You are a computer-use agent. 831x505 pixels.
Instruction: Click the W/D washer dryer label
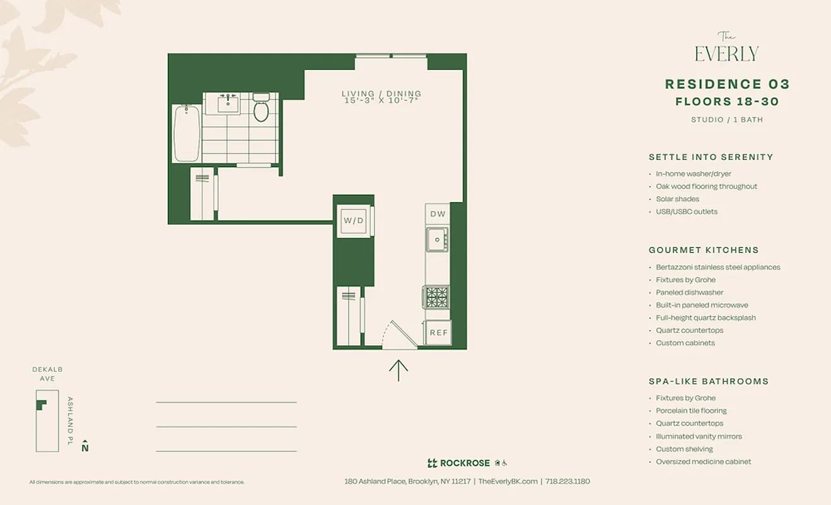click(354, 221)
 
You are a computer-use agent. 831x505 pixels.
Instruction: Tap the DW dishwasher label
click(438, 214)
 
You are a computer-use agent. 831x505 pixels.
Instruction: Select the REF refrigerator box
click(438, 333)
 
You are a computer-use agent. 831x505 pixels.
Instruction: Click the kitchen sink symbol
click(436, 239)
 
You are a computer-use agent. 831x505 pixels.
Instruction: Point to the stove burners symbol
click(436, 297)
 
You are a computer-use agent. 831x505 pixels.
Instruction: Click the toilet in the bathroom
click(261, 108)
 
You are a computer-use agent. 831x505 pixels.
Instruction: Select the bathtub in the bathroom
click(187, 133)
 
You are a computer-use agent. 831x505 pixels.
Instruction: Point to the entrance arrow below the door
click(398, 370)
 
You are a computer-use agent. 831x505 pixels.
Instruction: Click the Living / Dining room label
click(381, 94)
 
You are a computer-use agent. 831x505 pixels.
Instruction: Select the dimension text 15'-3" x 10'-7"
click(381, 101)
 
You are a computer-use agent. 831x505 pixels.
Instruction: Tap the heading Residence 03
click(727, 85)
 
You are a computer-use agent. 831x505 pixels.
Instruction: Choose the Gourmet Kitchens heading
click(704, 250)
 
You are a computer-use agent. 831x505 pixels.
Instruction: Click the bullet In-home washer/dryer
click(694, 174)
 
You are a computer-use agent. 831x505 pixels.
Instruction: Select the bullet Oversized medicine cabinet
click(703, 461)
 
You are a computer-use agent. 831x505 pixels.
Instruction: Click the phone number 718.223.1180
click(567, 481)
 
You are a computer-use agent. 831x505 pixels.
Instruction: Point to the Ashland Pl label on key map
click(70, 420)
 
